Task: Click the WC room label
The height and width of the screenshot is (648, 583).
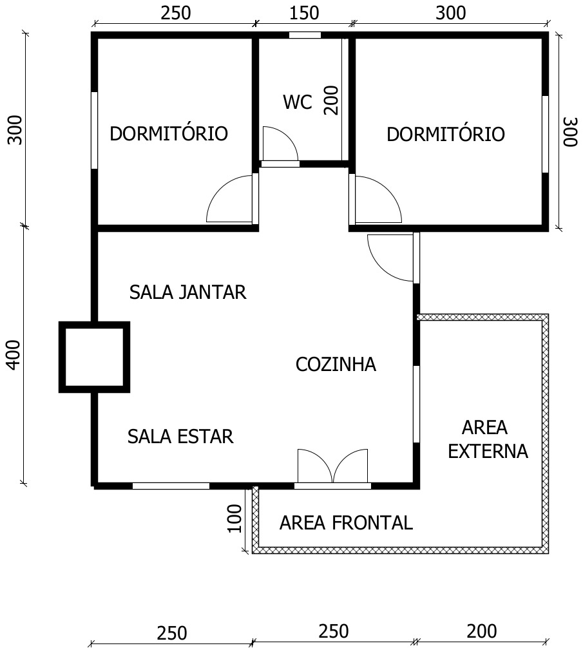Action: [298, 102]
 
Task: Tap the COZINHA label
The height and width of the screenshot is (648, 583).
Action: [336, 365]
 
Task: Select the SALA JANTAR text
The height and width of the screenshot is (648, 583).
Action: [188, 292]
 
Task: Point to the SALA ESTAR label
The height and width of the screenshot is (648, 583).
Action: [180, 437]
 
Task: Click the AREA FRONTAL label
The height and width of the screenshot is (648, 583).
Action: [346, 523]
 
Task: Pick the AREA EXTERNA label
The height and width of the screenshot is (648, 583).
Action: [488, 439]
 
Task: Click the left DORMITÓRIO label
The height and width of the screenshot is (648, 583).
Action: [169, 133]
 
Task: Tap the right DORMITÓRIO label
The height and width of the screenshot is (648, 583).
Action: [446, 135]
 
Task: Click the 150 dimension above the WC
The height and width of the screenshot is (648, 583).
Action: [304, 14]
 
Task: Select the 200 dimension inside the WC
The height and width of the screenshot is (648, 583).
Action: [331, 100]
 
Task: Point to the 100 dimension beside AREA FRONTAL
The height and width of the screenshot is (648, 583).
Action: [235, 519]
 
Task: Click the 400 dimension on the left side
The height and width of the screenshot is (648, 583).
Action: [14, 355]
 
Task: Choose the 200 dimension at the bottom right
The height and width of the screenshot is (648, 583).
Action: [482, 631]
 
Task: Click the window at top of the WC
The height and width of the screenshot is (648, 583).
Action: [305, 35]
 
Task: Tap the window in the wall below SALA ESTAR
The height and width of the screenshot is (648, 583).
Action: [171, 486]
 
